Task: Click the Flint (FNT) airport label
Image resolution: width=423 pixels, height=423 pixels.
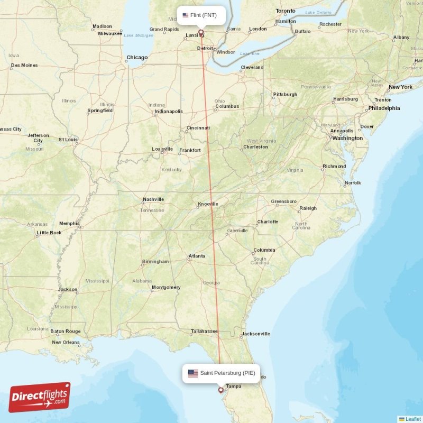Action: (x=200, y=15)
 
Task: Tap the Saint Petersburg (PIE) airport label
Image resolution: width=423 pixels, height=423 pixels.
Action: (x=221, y=373)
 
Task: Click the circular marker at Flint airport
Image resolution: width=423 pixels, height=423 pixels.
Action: (x=201, y=32)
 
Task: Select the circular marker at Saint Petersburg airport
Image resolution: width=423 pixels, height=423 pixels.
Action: (x=220, y=390)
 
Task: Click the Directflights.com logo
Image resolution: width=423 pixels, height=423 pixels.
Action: (x=40, y=398)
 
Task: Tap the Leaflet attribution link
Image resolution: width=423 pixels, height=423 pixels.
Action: (x=413, y=419)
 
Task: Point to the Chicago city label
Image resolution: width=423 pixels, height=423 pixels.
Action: (x=136, y=58)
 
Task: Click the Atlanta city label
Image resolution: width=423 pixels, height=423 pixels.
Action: (x=197, y=257)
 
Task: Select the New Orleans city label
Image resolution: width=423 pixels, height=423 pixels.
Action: (x=66, y=342)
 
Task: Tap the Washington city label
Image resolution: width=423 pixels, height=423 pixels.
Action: (x=347, y=138)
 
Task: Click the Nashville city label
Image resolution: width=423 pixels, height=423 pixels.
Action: (x=153, y=199)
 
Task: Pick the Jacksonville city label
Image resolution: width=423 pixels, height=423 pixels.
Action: (x=255, y=334)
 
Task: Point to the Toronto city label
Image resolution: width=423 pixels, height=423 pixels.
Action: (x=286, y=11)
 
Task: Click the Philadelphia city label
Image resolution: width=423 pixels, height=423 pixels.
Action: (x=384, y=108)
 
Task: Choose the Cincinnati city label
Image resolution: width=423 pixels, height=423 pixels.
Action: (x=198, y=128)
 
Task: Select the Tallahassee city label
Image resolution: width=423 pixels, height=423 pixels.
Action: (x=204, y=332)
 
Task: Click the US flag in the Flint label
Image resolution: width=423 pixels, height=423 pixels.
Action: (x=186, y=15)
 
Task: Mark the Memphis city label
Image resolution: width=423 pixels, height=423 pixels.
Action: (x=69, y=224)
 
